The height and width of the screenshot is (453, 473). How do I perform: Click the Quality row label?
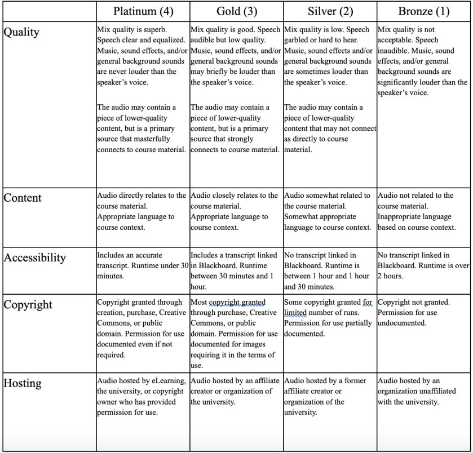pos(22,32)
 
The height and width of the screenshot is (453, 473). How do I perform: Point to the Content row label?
pos(24,198)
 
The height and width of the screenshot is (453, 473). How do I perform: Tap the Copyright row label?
pos(28,305)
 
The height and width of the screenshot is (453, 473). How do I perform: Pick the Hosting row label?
pos(23,368)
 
